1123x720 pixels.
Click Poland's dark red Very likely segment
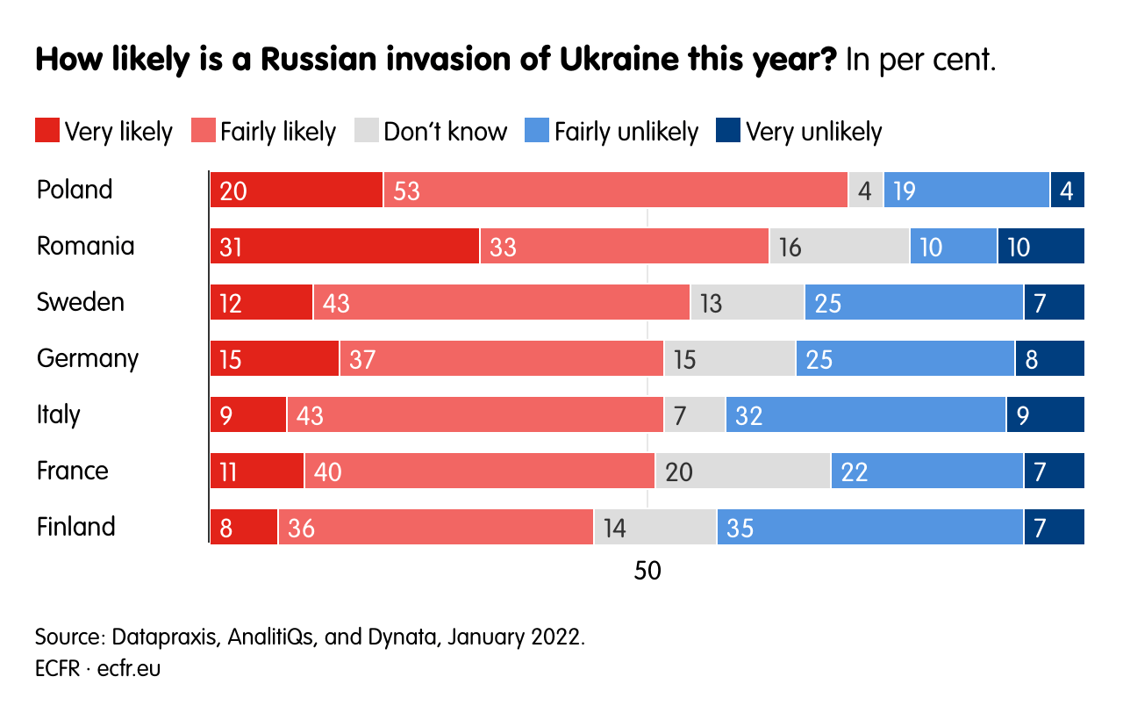point(297,190)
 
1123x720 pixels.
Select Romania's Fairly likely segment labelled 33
point(624,246)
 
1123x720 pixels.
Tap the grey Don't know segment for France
point(742,471)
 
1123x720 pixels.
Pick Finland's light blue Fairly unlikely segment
point(869,527)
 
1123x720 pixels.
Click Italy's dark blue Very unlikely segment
point(1045,414)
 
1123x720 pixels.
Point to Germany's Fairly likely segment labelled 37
point(501,358)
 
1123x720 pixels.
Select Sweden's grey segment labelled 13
point(747,302)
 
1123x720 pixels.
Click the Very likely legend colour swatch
point(47,131)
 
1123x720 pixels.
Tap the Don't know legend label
point(445,131)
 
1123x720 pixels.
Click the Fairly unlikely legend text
point(626,131)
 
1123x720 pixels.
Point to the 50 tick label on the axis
point(647,571)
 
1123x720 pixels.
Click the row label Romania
point(86,246)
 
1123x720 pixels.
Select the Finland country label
point(76,527)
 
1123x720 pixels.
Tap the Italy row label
point(59,414)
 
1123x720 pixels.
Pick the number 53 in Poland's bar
point(407,191)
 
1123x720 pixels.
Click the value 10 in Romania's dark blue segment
point(1019,247)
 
